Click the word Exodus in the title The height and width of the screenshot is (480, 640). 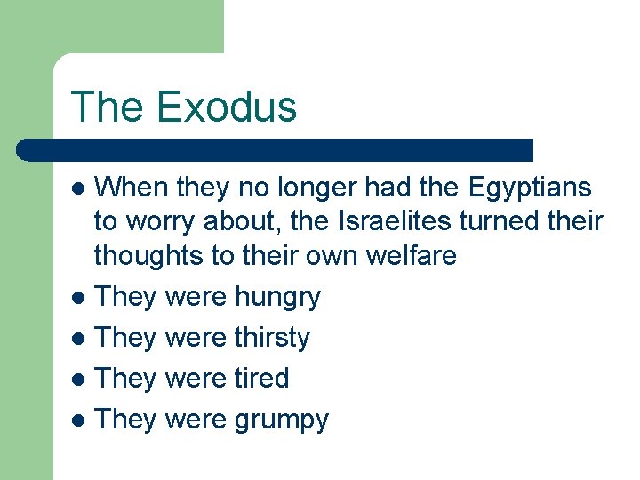tap(226, 107)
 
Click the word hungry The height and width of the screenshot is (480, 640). tap(277, 297)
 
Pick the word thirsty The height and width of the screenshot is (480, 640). tap(272, 338)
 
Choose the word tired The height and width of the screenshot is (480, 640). tap(261, 379)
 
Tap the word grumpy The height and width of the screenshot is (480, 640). tap(281, 420)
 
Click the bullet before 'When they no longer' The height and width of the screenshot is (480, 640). tap(80, 188)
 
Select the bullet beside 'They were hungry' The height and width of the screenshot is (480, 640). tap(80, 298)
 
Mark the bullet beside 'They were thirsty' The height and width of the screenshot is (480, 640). tap(80, 339)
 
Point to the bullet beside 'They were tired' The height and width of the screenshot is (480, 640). tap(80, 380)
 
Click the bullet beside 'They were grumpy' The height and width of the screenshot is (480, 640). tap(80, 420)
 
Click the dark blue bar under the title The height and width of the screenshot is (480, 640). tap(276, 149)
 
